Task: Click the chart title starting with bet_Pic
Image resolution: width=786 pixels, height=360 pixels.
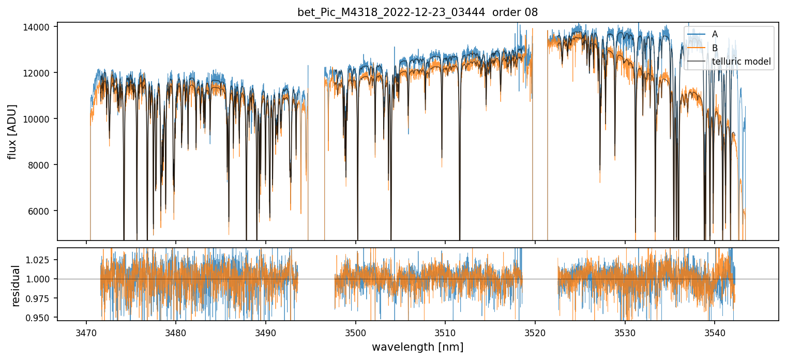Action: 417,12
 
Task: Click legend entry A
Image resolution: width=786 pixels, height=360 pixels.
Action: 715,34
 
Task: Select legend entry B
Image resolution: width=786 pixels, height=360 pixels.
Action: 715,48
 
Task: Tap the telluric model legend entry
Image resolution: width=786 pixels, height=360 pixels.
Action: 741,62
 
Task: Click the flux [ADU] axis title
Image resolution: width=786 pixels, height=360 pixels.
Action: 12,131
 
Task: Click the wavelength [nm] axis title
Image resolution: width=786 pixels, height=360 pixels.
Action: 417,347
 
